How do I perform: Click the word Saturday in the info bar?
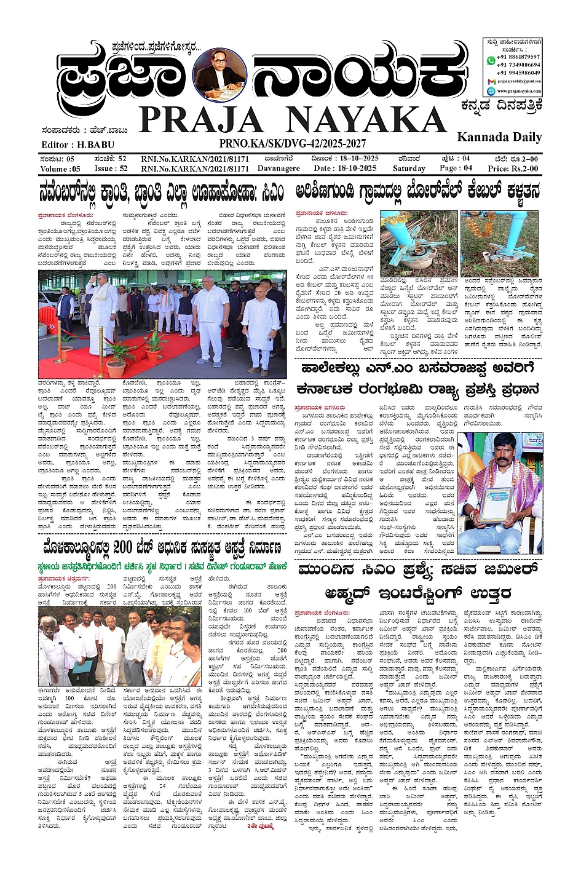[x=409, y=168]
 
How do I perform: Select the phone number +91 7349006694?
[x=519, y=65]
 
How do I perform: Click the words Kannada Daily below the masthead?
[x=499, y=137]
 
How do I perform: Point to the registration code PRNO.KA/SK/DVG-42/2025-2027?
[x=292, y=144]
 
